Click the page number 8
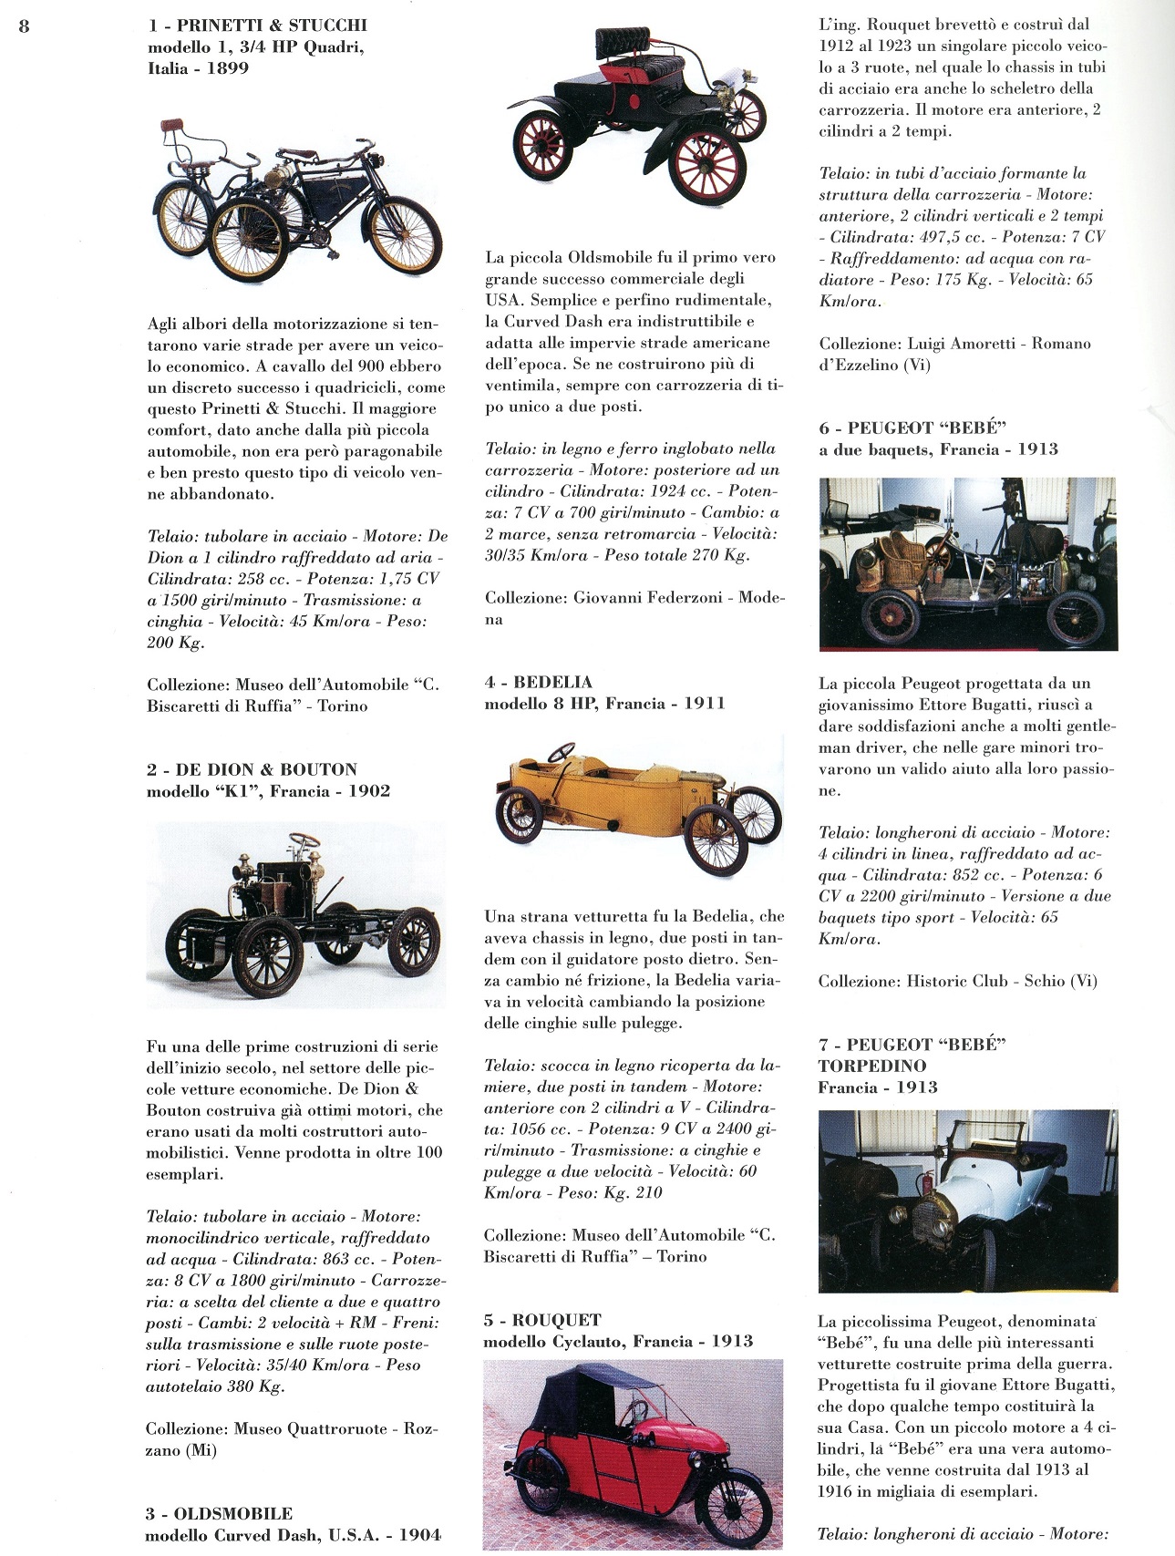click(24, 26)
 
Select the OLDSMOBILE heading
click(232, 1514)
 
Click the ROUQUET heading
click(556, 1320)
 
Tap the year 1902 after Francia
click(368, 791)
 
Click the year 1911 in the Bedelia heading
click(704, 704)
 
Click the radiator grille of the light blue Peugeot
click(929, 1222)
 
